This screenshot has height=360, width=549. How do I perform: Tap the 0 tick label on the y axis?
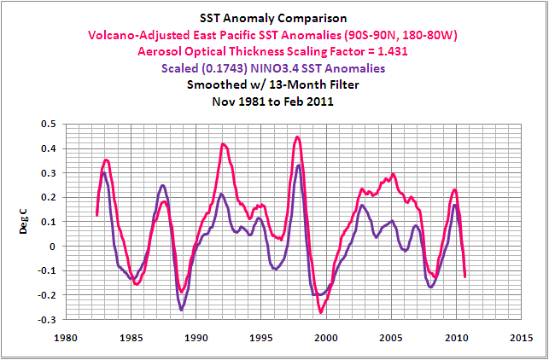pyautogui.click(x=53, y=247)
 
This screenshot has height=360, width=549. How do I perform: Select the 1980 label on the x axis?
pyautogui.click(x=67, y=336)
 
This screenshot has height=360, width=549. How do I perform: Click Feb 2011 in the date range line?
pyautogui.click(x=323, y=100)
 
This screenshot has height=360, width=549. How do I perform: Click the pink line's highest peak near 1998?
pyautogui.click(x=297, y=136)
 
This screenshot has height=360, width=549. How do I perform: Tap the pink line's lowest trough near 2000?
pyautogui.click(x=321, y=312)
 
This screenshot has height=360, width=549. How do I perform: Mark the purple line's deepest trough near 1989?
pyautogui.click(x=182, y=310)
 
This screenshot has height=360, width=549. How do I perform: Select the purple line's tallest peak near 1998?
pyautogui.click(x=299, y=165)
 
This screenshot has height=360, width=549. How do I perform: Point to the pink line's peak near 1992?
pyautogui.click(x=223, y=144)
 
